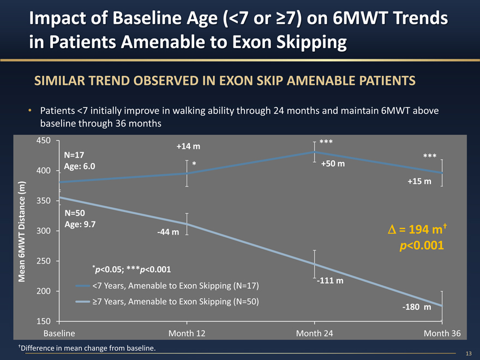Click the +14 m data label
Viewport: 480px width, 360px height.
click(x=188, y=146)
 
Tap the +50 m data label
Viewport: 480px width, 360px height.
click(x=332, y=164)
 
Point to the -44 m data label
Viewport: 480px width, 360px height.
click(x=168, y=232)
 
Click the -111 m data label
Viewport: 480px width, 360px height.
click(x=329, y=281)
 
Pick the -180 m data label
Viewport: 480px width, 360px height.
click(x=416, y=308)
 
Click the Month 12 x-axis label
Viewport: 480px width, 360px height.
click(x=187, y=333)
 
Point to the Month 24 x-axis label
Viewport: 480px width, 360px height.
click(x=314, y=333)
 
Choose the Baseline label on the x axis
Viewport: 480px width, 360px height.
click(x=59, y=333)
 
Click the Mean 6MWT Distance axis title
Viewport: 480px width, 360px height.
click(x=22, y=231)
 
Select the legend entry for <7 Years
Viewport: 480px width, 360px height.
click(x=175, y=286)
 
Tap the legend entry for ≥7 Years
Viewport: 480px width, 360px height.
click(x=175, y=301)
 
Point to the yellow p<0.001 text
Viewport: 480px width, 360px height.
click(x=422, y=246)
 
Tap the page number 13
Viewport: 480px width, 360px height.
click(x=469, y=353)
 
